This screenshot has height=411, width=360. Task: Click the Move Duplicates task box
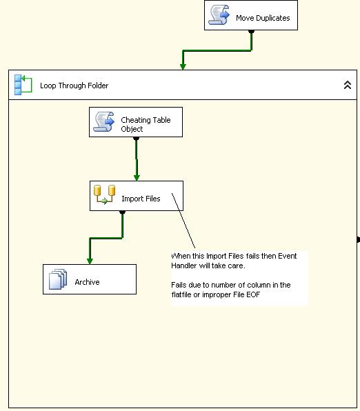pyautogui.click(x=251, y=15)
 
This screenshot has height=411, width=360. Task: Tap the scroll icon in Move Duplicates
pyautogui.click(x=219, y=15)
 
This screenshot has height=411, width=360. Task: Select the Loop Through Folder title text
pyautogui.click(x=74, y=86)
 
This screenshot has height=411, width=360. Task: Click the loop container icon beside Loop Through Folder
pyautogui.click(x=23, y=85)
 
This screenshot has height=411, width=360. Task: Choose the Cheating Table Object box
pyautogui.click(x=136, y=122)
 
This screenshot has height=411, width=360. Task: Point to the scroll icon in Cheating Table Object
pyautogui.click(x=104, y=121)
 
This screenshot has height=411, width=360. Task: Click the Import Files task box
pyautogui.click(x=137, y=196)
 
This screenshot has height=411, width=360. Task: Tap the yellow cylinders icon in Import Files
pyautogui.click(x=104, y=194)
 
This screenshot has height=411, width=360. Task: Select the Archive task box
pyautogui.click(x=90, y=279)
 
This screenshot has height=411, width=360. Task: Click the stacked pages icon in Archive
pyautogui.click(x=58, y=279)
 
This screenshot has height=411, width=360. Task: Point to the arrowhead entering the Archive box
pyautogui.click(x=90, y=261)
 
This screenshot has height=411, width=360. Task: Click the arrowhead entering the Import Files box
pyautogui.click(x=137, y=178)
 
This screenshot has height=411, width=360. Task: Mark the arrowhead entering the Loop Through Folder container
pyautogui.click(x=183, y=67)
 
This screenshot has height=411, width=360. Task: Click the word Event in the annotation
pyautogui.click(x=287, y=256)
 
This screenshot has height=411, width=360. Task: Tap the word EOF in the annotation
pyautogui.click(x=253, y=294)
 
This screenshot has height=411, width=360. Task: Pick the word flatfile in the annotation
pyautogui.click(x=181, y=294)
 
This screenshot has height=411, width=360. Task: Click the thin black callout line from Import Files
pyautogui.click(x=183, y=221)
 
